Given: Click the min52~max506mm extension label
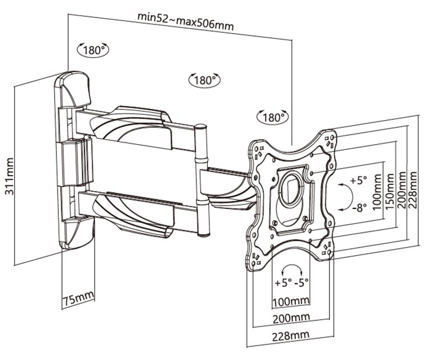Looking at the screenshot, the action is point(186,21).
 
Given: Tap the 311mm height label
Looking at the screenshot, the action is point(10,176).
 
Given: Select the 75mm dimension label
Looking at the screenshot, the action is point(79,299).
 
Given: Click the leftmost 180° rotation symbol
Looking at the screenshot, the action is point(93,50).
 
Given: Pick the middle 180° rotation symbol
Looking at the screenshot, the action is point(204,80).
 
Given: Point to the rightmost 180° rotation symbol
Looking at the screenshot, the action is point(273,117).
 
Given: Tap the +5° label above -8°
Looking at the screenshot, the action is point(359,180).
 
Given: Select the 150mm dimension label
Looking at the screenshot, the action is point(390,192).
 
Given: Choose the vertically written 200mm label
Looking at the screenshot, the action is point(402,190).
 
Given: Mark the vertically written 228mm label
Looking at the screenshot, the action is point(412,190).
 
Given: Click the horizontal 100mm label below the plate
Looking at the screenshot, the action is point(291,302).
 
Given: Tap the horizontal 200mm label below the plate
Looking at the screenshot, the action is point(291,318).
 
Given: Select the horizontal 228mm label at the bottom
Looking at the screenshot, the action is point(291,336).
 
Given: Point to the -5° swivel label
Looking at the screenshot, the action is point(302,282).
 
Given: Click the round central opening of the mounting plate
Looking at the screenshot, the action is point(291,188).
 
